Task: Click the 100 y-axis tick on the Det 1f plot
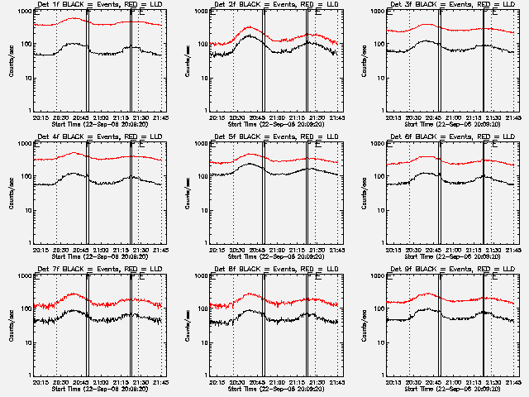26,45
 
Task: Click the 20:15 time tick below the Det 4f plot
40,250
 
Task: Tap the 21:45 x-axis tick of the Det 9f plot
515,382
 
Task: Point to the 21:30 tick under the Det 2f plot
317,117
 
